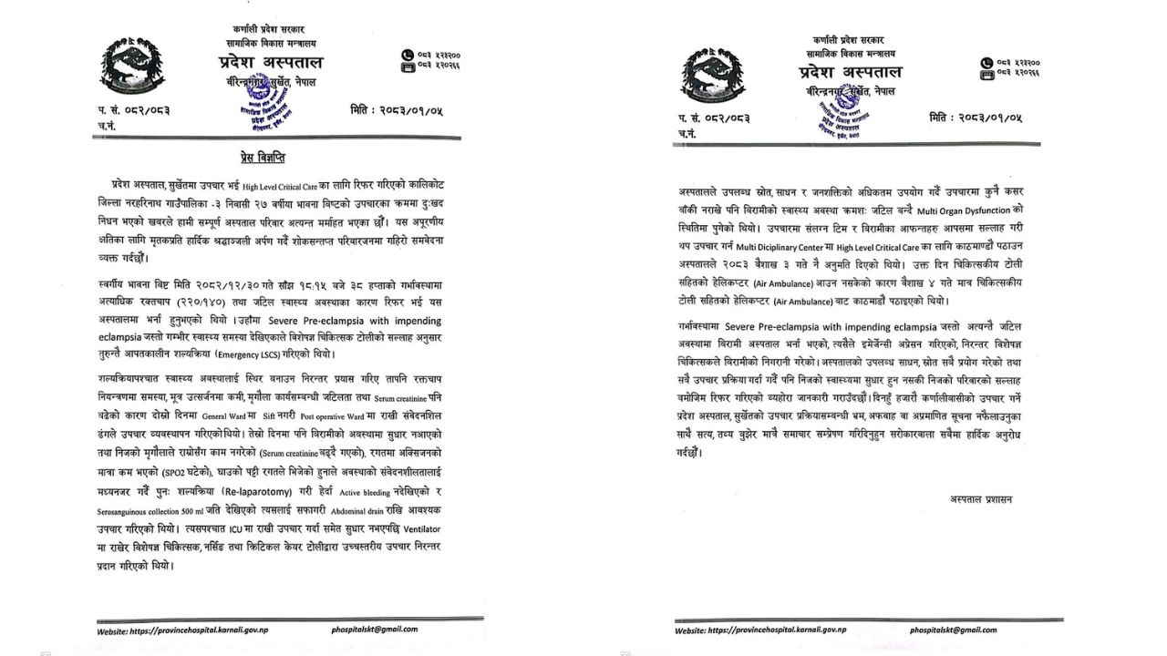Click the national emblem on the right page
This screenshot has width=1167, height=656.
712,76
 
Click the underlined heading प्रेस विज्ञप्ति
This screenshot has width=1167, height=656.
263,158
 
